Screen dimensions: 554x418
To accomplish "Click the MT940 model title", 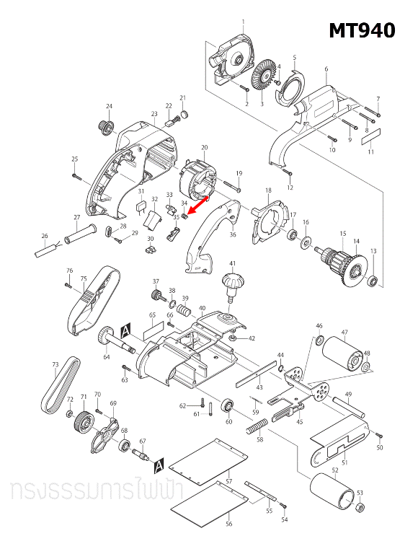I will pos(362,30).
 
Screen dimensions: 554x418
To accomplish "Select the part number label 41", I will pos(233,263).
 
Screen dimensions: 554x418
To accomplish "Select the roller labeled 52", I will pos(334,493).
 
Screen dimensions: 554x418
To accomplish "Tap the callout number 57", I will pos(228,480).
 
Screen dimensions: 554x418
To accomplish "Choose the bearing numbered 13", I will pos(373,279).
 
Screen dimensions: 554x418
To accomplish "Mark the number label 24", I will pos(110,106).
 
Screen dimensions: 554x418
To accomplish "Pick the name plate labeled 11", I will pos(370,137).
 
